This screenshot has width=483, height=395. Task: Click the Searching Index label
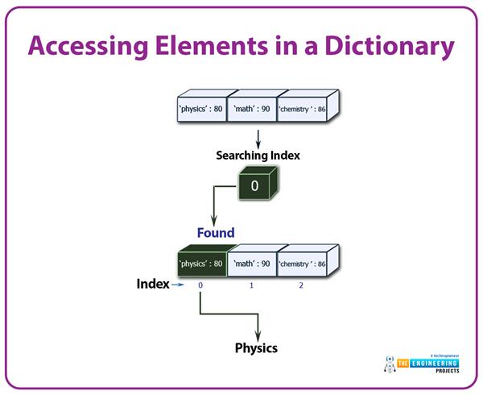(x=258, y=155)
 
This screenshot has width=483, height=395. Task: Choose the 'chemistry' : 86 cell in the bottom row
(x=303, y=263)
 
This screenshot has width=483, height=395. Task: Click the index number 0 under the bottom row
(x=200, y=285)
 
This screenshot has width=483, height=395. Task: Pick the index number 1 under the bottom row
(x=250, y=285)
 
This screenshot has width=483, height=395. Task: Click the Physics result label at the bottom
(x=256, y=348)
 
